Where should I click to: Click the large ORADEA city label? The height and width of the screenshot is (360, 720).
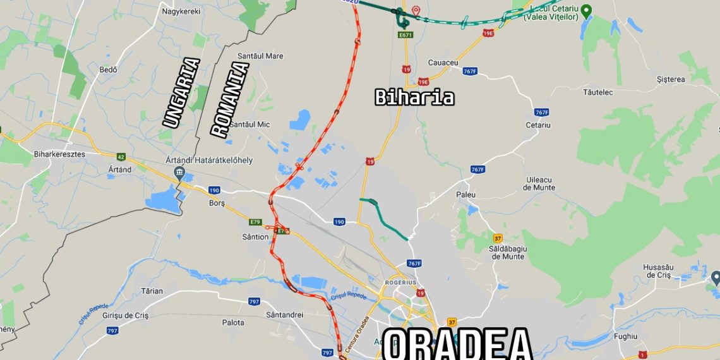(x=457, y=344)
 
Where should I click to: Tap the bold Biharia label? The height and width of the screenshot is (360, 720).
(x=414, y=97)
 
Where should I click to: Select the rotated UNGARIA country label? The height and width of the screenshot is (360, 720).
(x=181, y=93)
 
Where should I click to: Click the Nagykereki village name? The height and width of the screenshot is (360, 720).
(x=181, y=11)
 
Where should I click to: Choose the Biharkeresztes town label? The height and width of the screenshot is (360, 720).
(x=59, y=153)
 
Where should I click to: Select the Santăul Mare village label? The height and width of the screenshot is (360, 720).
(x=257, y=56)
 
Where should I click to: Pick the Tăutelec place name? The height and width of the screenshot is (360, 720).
(x=597, y=92)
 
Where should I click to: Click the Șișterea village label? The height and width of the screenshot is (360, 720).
(x=670, y=80)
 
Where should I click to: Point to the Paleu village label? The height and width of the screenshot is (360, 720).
(x=465, y=195)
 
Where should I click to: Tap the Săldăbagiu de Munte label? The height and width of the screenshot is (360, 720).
(x=508, y=252)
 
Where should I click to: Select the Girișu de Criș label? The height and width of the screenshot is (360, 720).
(x=125, y=315)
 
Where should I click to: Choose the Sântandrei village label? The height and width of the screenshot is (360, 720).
(x=285, y=314)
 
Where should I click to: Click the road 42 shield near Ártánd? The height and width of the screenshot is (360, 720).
(x=121, y=157)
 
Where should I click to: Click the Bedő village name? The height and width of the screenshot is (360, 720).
(x=109, y=69)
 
